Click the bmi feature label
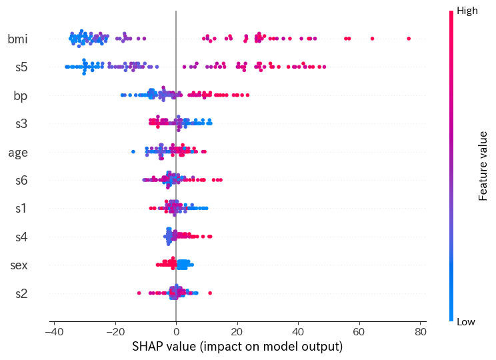18,39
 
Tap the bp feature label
20,96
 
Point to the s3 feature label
21,124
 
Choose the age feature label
17,153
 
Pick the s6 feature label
21,181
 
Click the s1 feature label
21,209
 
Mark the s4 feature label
21,237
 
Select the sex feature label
19,265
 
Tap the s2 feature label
21,293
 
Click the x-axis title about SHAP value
237,347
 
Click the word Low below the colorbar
465,322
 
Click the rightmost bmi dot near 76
409,39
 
